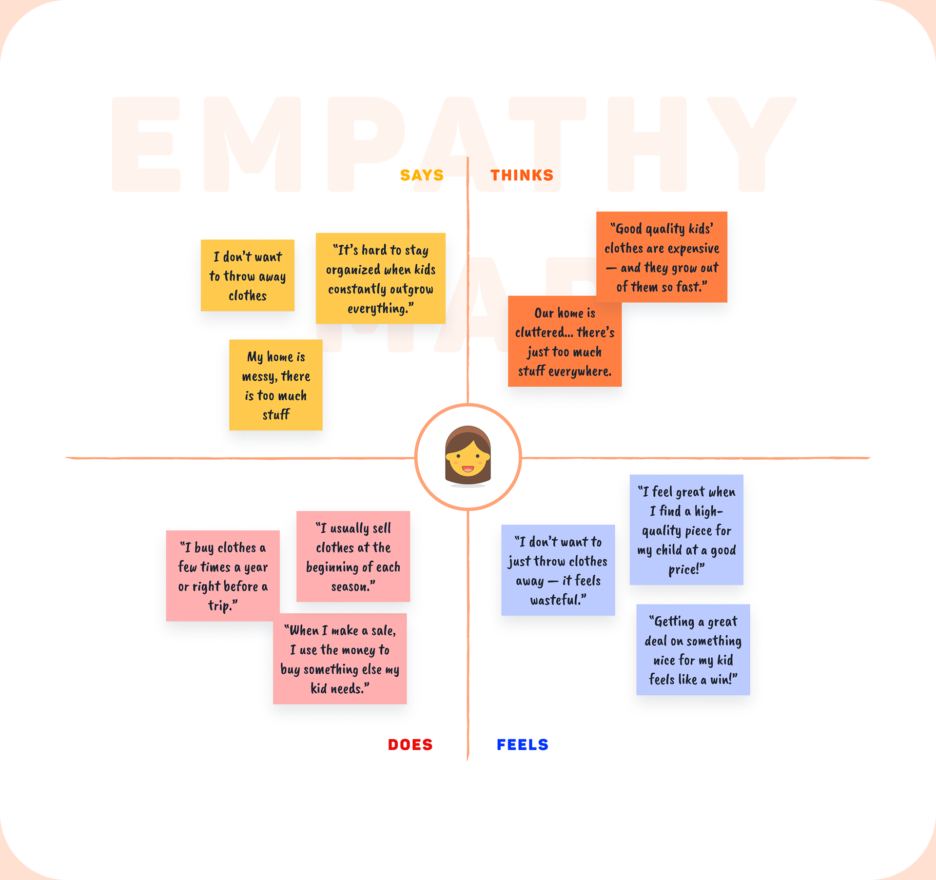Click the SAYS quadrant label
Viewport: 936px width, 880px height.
pyautogui.click(x=422, y=175)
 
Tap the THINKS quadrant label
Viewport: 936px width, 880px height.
pyautogui.click(x=522, y=175)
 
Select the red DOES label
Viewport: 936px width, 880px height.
pyautogui.click(x=410, y=744)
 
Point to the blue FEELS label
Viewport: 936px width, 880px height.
pyautogui.click(x=523, y=744)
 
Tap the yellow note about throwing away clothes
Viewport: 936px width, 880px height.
pyautogui.click(x=248, y=275)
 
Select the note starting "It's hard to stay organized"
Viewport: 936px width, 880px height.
pyautogui.click(x=380, y=278)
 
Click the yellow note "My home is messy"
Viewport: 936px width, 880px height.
pyautogui.click(x=276, y=385)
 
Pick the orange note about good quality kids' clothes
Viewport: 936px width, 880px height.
pyautogui.click(x=662, y=257)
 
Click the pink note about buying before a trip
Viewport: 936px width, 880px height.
pyautogui.click(x=223, y=576)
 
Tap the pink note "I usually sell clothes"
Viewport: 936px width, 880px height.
pyautogui.click(x=353, y=556)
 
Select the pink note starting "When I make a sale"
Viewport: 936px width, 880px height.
pyautogui.click(x=340, y=659)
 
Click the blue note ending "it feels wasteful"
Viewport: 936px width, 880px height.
pyautogui.click(x=558, y=570)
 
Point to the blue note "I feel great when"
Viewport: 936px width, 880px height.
pyautogui.click(x=686, y=529)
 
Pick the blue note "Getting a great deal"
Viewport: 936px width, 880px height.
pyautogui.click(x=693, y=649)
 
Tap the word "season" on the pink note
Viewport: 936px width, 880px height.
pyautogui.click(x=350, y=587)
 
